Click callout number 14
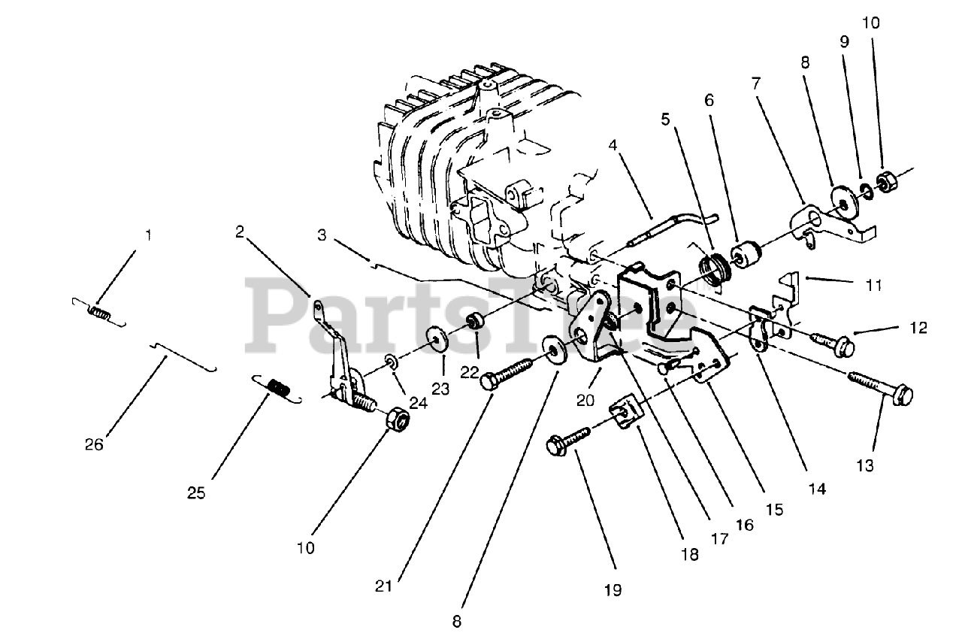[x=817, y=489]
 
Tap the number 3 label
[x=321, y=236]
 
